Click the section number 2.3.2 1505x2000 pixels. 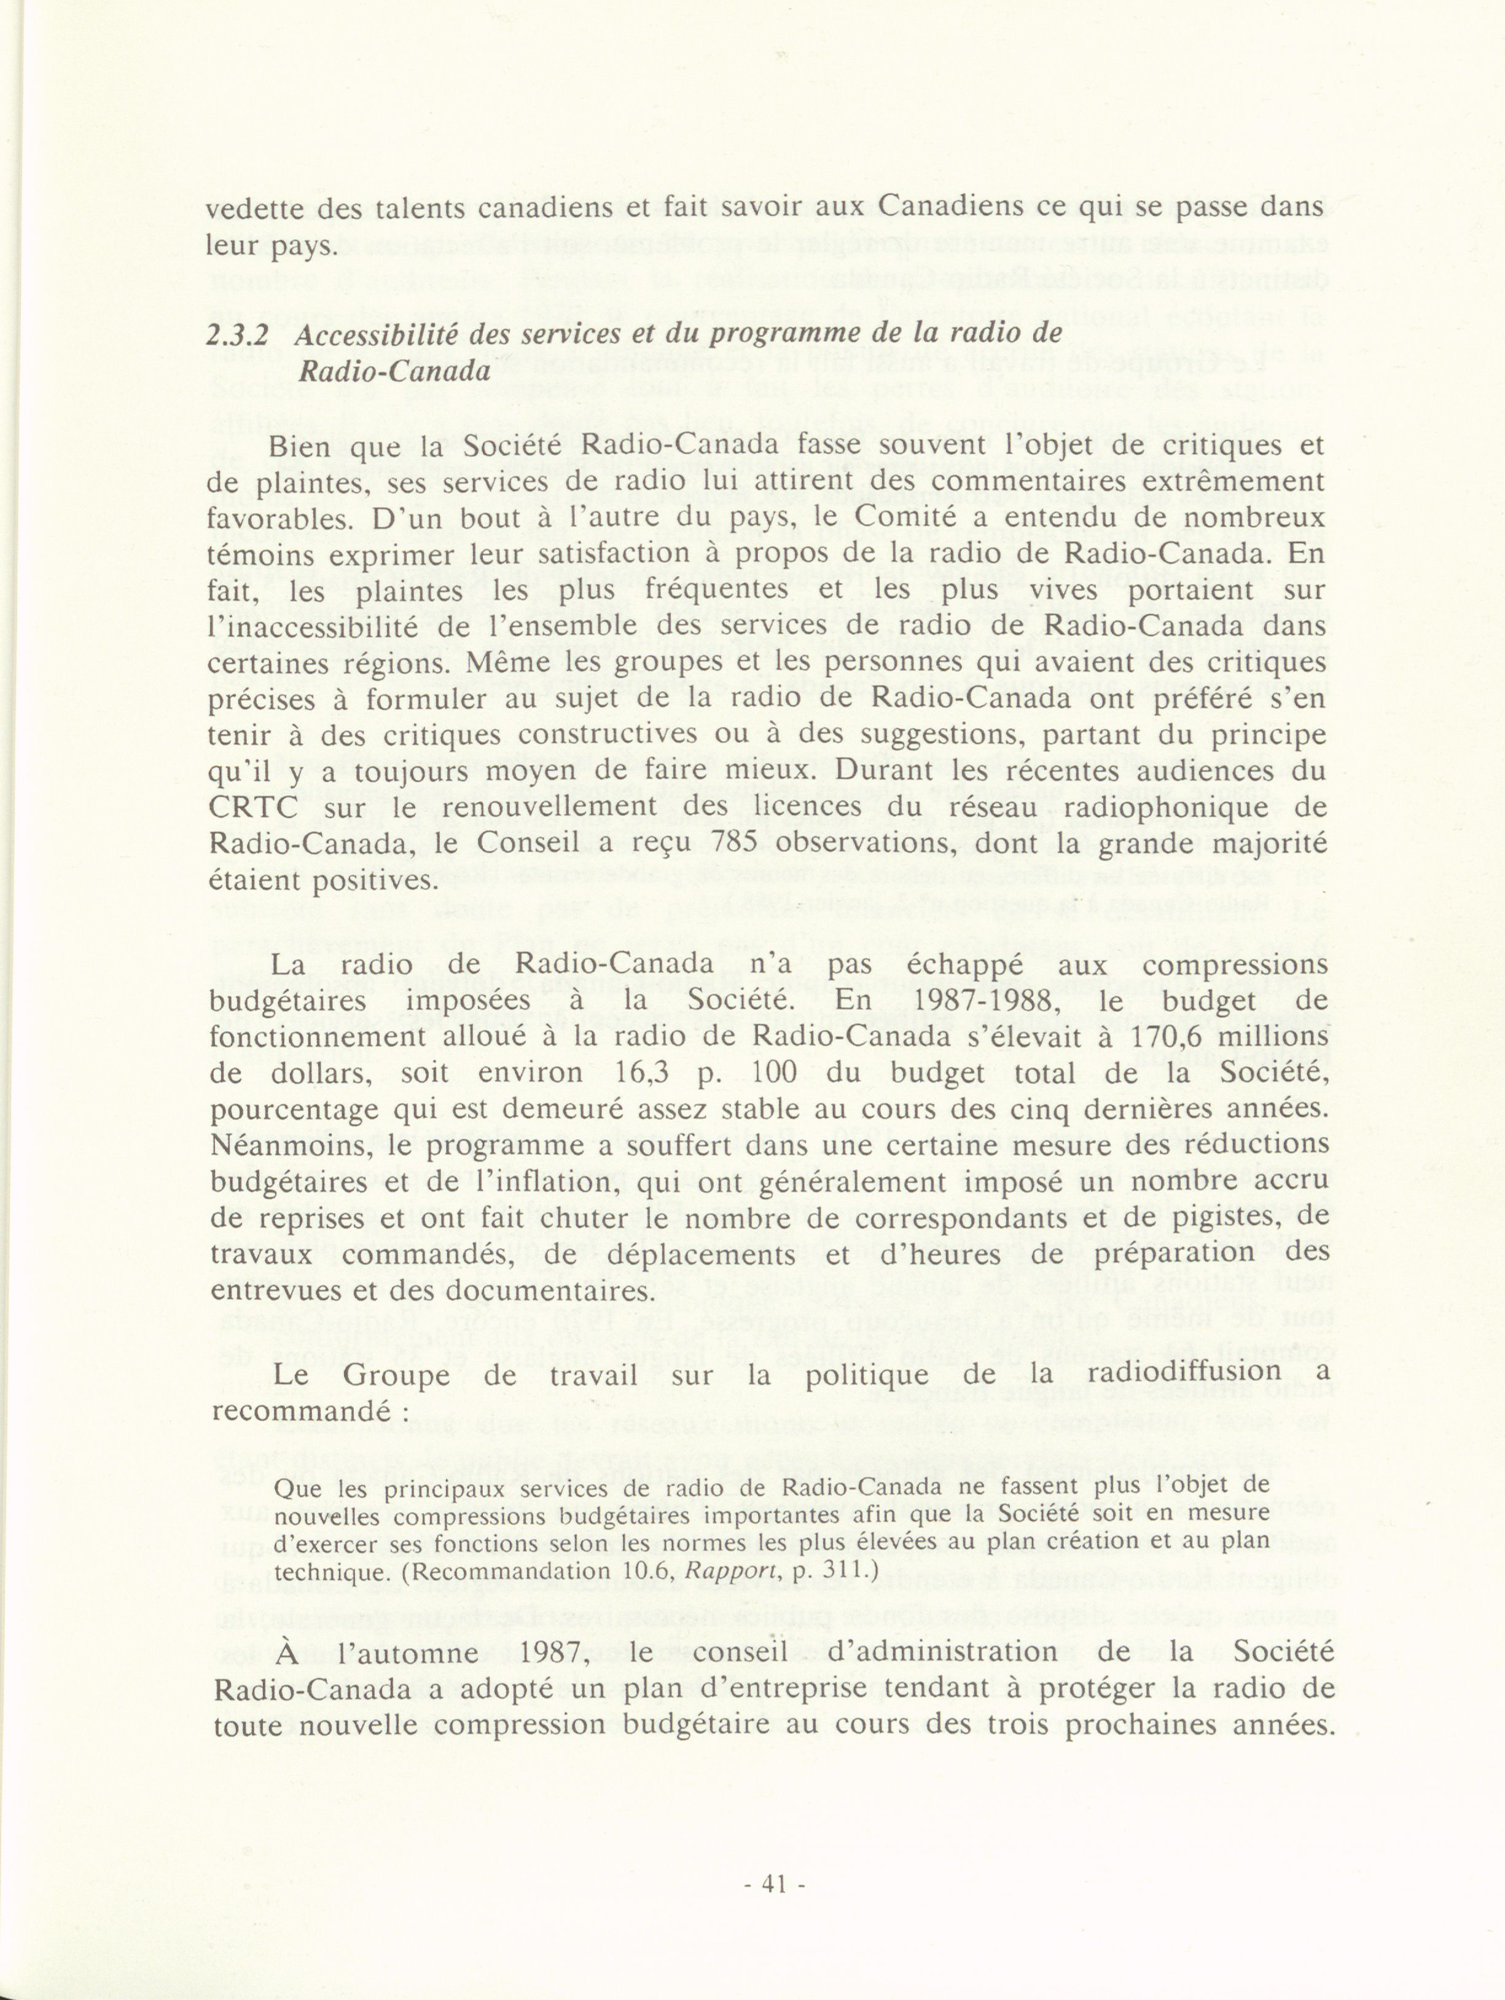click(x=238, y=334)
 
